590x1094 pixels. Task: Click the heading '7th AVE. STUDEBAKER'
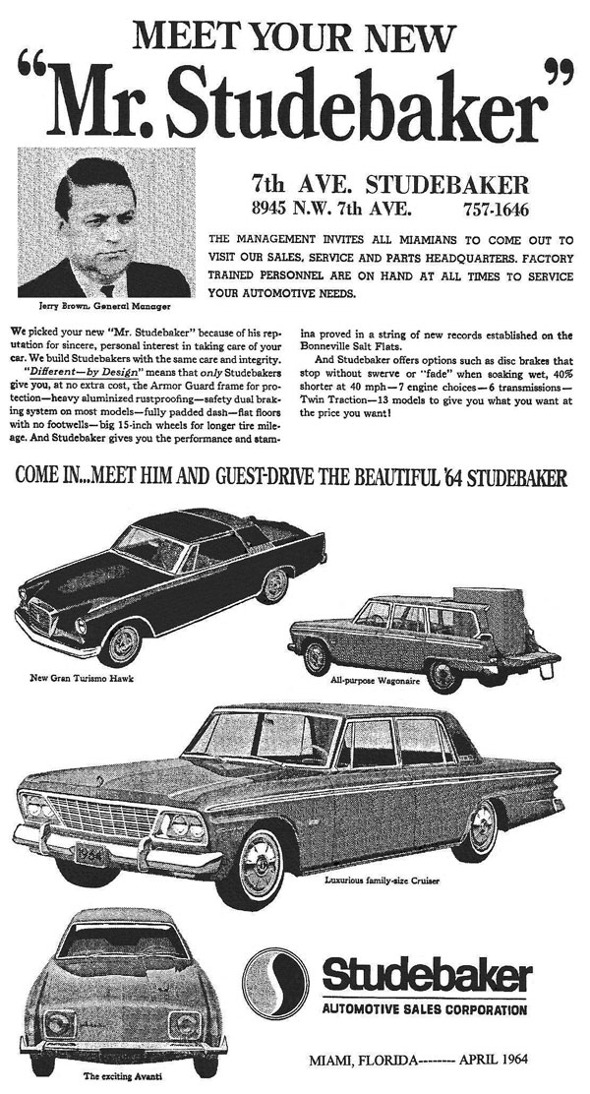[390, 184]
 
